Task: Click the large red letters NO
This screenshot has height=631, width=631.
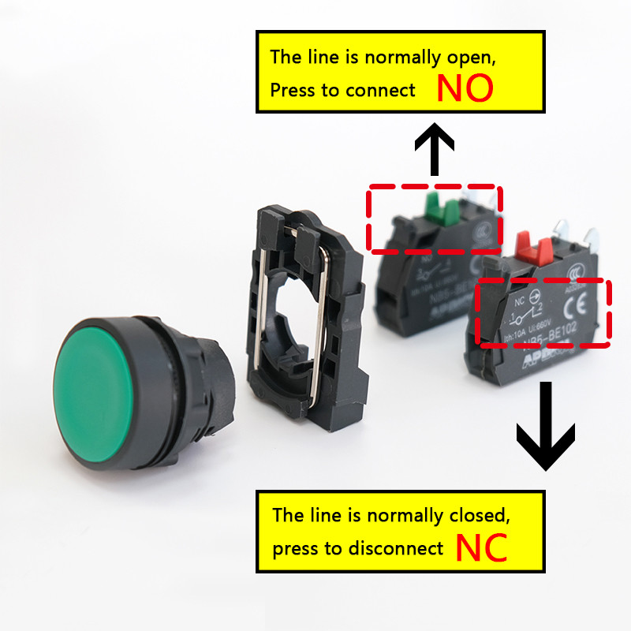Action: pos(465,89)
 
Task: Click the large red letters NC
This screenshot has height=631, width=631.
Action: pos(481,549)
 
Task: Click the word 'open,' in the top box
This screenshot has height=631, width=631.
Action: pos(472,57)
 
